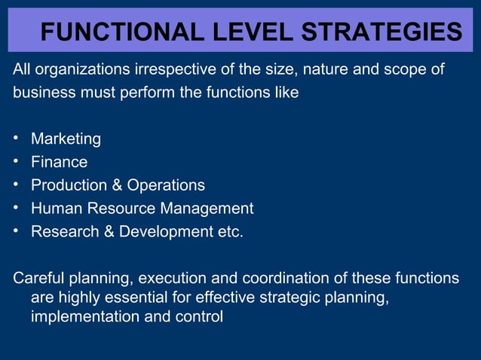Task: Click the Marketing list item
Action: [66, 139]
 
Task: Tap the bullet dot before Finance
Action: [17, 162]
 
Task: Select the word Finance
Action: [59, 162]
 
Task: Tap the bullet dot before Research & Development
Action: [17, 231]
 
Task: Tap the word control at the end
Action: [198, 317]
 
